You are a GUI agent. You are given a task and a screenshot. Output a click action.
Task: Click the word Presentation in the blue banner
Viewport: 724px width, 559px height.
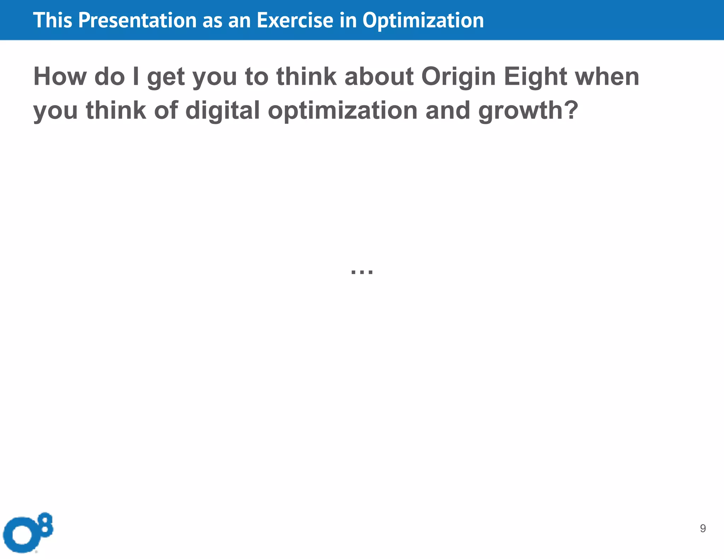coord(137,20)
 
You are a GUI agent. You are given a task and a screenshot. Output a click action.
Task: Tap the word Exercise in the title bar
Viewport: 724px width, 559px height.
coord(295,20)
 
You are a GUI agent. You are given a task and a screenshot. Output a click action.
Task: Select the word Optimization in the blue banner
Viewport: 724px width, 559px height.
coord(423,20)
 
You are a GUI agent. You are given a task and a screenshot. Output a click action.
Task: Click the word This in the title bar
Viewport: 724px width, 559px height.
coord(53,20)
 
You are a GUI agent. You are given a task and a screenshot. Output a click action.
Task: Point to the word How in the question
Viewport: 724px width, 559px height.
coord(60,76)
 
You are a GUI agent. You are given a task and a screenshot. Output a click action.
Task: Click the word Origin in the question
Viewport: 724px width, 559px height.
coord(459,76)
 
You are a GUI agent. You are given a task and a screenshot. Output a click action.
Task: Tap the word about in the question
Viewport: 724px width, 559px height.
coord(379,76)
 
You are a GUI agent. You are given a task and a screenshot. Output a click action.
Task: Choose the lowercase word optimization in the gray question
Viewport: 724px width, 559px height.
coord(343,110)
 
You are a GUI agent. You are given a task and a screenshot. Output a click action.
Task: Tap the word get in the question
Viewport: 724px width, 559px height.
coord(165,77)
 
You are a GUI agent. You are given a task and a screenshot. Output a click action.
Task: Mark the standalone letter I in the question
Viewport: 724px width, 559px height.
coord(136,76)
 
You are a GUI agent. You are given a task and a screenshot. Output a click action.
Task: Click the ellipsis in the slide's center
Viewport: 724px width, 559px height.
coord(362,272)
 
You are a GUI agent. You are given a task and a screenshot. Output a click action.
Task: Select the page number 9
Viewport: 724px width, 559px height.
coord(703,528)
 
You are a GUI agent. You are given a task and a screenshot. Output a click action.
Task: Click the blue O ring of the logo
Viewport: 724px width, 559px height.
coord(22,535)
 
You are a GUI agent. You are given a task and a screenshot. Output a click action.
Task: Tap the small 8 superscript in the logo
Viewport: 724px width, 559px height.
coord(46,523)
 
